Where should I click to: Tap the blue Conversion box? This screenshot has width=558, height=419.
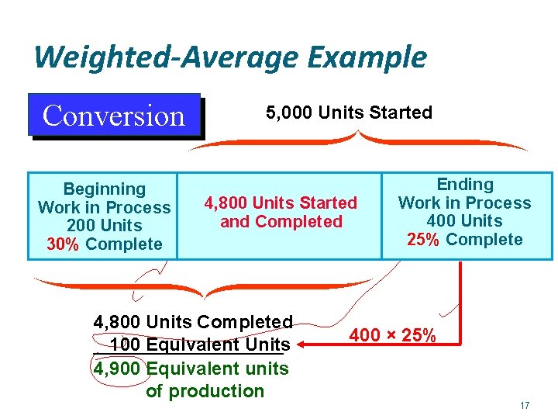point(114,116)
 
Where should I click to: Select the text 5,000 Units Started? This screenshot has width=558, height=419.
point(349,113)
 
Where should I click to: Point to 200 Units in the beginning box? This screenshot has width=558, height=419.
point(104,226)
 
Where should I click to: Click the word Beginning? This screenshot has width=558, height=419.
point(104,189)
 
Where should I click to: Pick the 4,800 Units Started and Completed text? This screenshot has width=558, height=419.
point(281,212)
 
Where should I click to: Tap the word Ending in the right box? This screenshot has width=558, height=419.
point(465,185)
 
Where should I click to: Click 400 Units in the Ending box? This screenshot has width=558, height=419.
point(465,221)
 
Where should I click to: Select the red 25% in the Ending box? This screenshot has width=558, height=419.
point(423,240)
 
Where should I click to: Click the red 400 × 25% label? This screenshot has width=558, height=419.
point(392,337)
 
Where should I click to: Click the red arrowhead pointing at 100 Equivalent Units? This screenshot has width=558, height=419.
point(305,344)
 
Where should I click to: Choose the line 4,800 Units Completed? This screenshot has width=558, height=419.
point(193,322)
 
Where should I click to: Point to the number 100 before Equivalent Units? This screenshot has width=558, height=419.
point(126,345)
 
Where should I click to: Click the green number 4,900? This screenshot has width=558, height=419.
point(117,369)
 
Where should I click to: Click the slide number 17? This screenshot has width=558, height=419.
point(525,406)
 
